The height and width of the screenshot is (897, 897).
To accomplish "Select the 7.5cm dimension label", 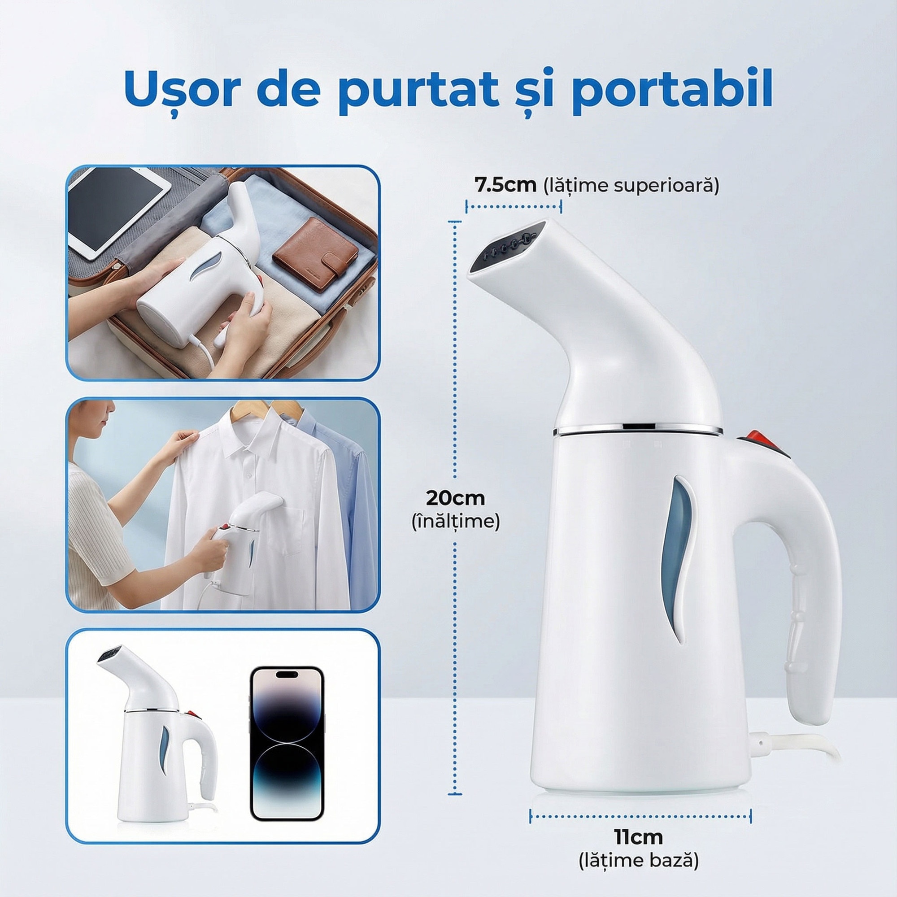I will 505,185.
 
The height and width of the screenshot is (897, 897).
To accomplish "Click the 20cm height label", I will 456,498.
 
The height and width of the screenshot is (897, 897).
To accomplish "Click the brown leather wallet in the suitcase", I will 315,254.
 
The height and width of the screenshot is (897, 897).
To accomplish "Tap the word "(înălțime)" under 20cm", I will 456,522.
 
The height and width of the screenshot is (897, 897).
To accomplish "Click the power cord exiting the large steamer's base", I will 789,743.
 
